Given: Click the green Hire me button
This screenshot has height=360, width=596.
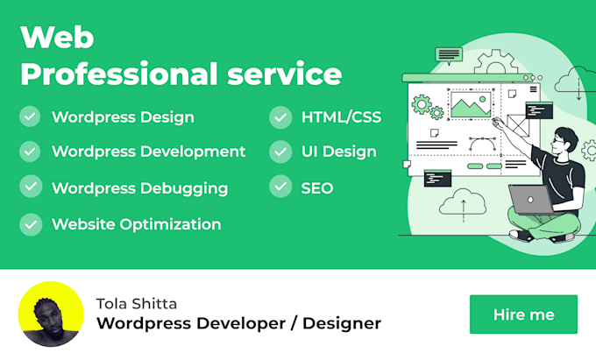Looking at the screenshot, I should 523,314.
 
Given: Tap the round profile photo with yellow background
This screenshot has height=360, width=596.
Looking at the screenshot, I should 51,314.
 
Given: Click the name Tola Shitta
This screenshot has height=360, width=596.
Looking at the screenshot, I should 136,303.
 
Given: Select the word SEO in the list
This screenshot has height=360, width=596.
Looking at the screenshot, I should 316,188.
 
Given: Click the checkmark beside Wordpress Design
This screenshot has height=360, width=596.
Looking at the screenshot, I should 31,116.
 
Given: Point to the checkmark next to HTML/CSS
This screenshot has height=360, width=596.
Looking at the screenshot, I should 280,116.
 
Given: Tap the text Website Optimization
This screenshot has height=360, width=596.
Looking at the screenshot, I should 136,224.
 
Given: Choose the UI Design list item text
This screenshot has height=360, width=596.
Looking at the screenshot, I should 338,152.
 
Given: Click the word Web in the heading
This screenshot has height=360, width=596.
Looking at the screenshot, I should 57,38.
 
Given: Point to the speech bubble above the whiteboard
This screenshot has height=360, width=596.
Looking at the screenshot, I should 449,55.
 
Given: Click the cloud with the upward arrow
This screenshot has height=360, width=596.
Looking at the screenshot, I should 457,206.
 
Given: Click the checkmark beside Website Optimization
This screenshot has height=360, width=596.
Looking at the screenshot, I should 31,224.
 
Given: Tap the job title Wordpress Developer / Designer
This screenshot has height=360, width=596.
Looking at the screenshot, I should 238,323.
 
